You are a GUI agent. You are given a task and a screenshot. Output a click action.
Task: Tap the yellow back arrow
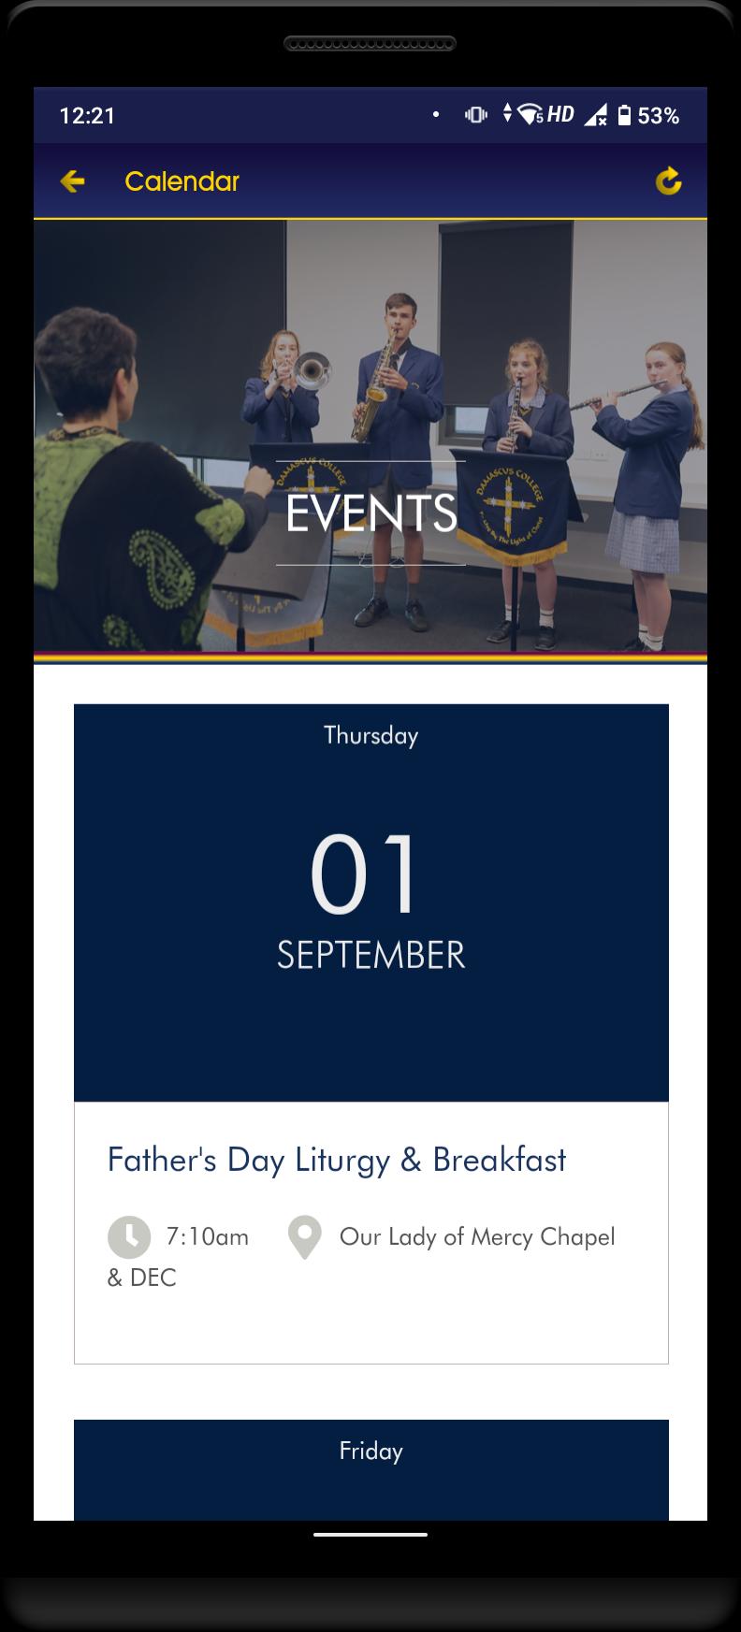pos(72,181)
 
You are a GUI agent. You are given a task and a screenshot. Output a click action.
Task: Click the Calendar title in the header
pos(182,181)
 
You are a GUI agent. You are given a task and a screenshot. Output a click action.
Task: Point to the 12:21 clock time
pos(87,115)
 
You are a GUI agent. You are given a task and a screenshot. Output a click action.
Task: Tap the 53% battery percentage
pos(659,115)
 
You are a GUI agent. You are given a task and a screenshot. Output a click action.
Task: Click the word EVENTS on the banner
pos(371,513)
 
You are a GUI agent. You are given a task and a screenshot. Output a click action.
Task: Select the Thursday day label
pos(371,736)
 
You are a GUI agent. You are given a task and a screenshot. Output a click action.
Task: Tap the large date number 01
pos(364,874)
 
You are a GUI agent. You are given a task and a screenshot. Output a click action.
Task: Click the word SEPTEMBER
pos(371,955)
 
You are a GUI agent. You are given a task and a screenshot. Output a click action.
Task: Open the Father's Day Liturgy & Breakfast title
pos(337,1160)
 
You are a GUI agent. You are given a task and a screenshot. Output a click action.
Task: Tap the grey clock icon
pos(129,1237)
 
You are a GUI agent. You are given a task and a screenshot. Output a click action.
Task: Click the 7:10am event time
pos(208,1237)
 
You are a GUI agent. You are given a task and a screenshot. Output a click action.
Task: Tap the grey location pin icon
pos(305,1237)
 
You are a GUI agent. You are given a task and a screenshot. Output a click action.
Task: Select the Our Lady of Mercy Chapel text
pos(477,1237)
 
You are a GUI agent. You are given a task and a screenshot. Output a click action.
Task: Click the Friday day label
pos(371,1451)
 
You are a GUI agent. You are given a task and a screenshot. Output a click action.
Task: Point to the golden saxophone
pos(372,393)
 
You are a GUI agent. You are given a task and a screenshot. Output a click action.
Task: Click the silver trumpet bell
pos(313,371)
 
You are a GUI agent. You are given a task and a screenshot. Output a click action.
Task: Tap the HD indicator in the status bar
pos(560,114)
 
